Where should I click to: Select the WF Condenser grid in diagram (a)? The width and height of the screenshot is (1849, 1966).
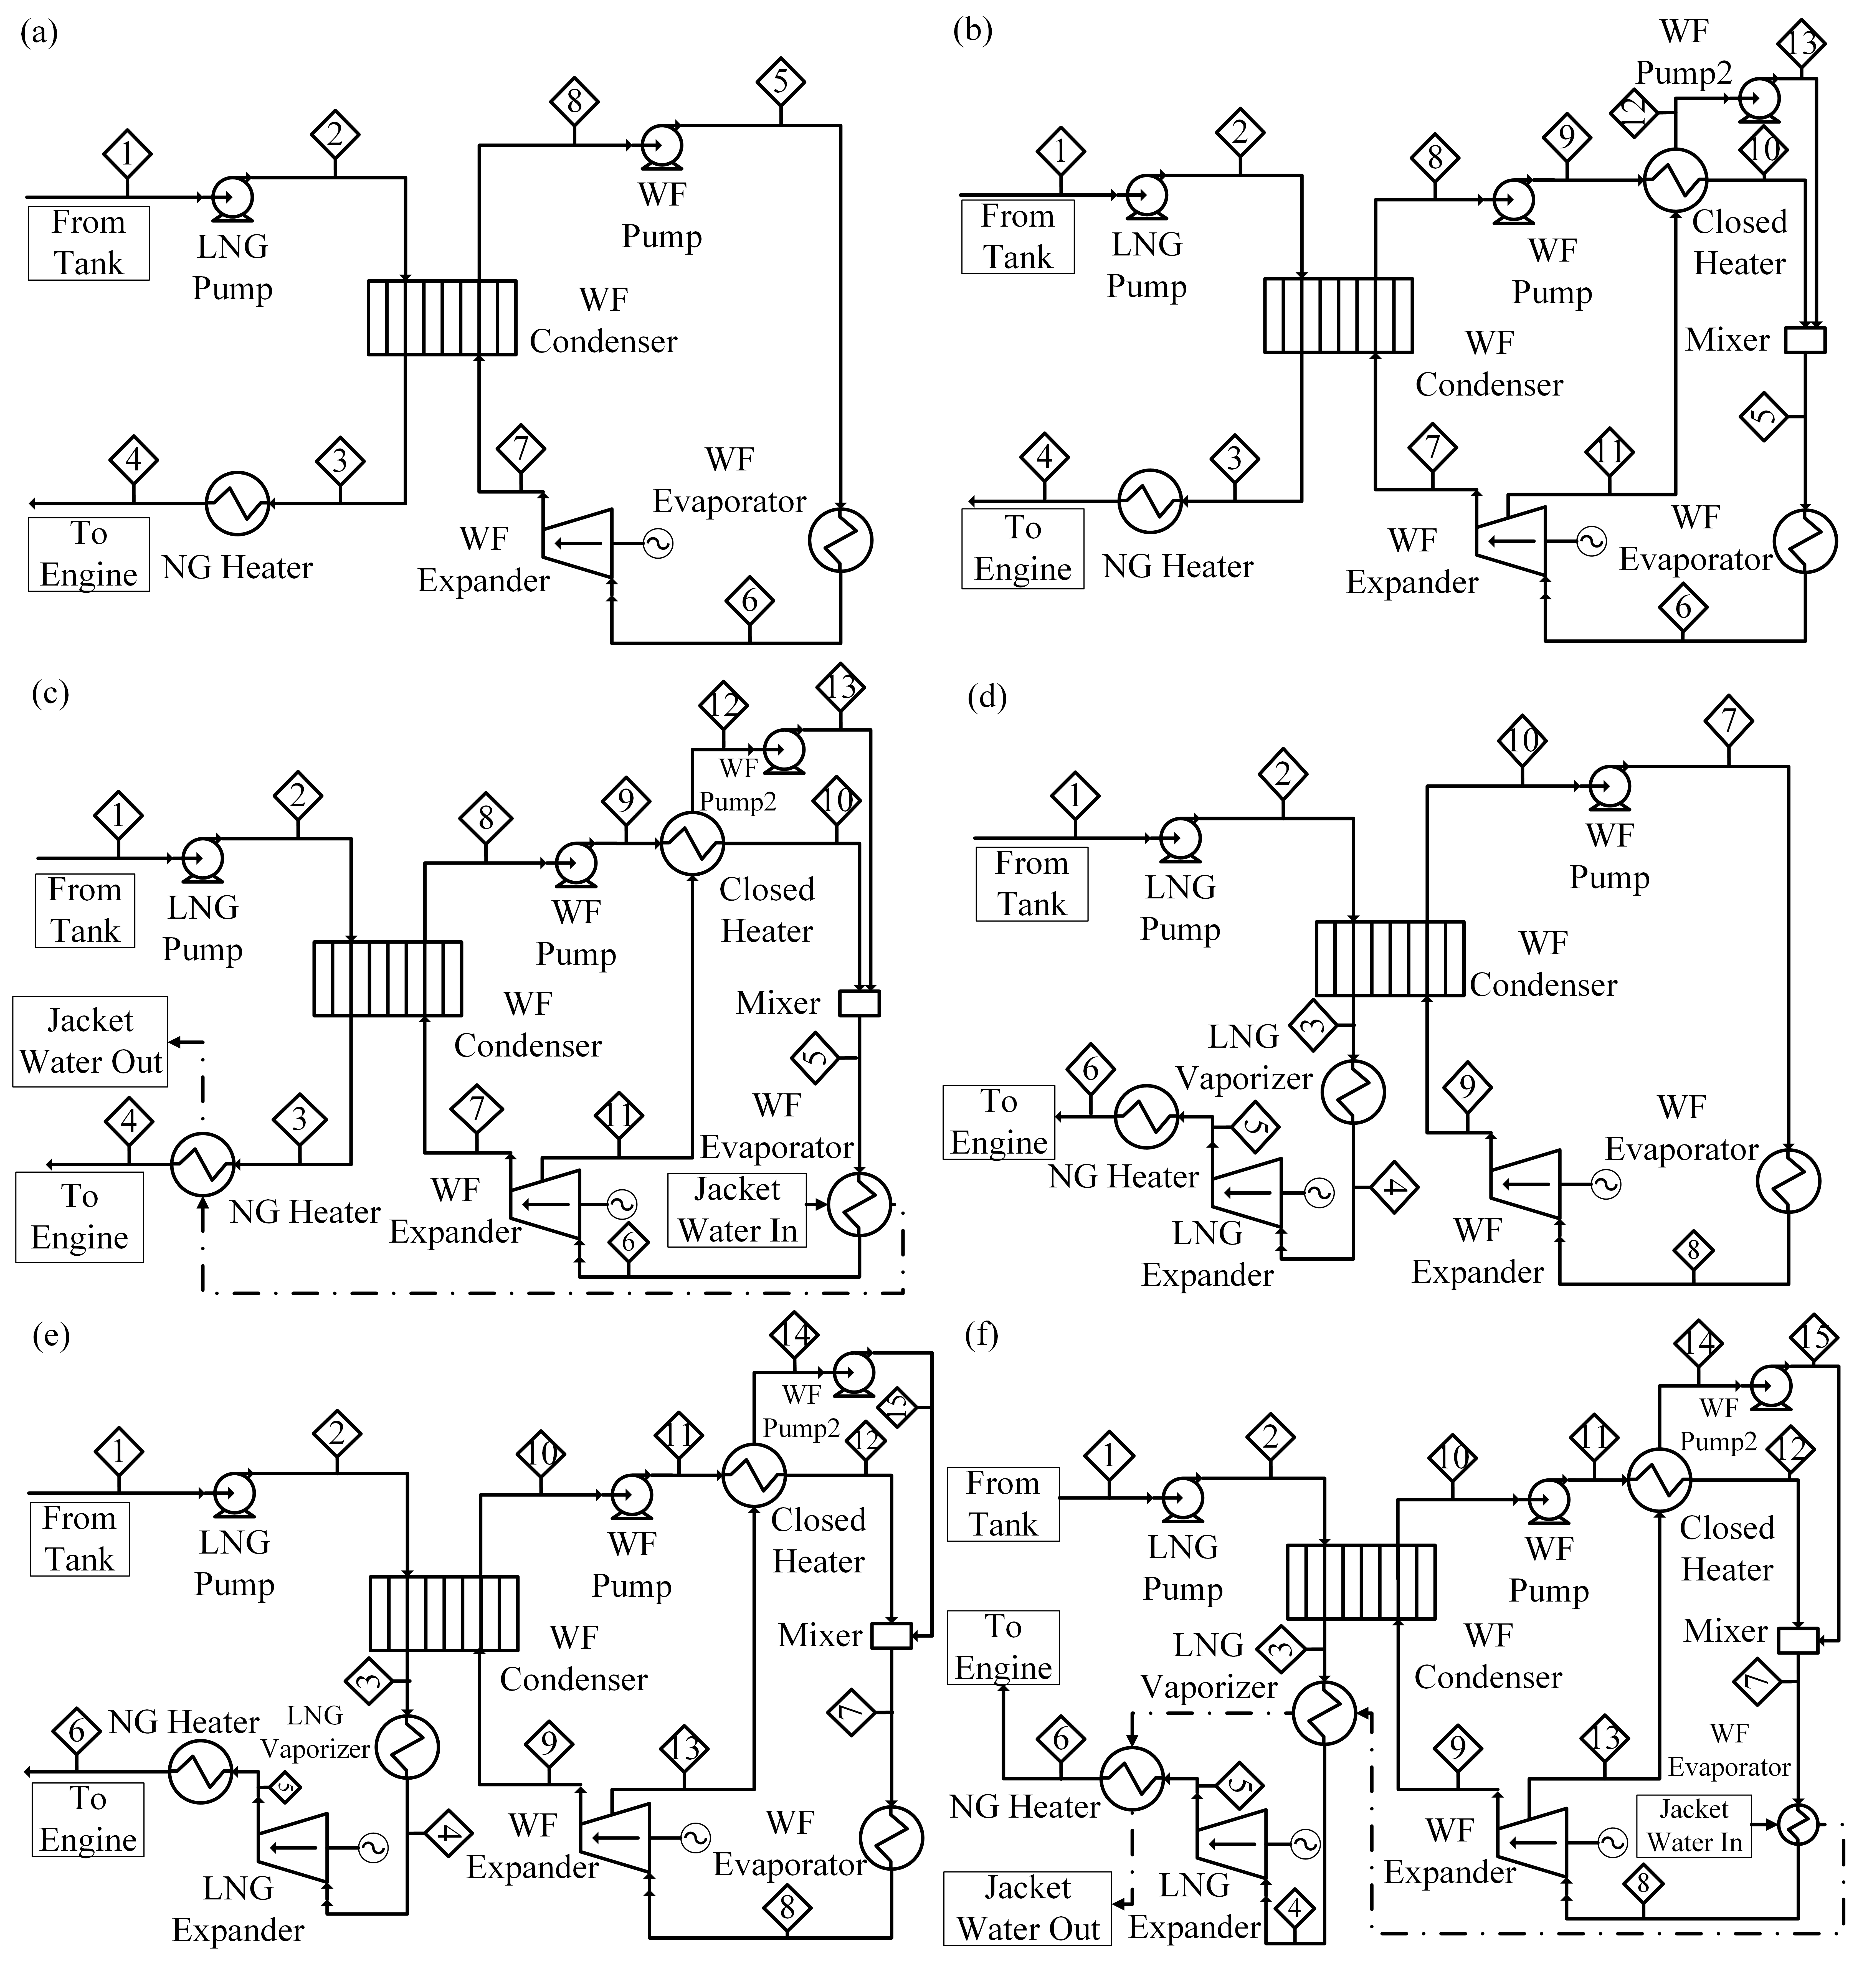pos(442,317)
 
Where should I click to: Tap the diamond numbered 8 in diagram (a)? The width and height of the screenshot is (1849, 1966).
pos(574,101)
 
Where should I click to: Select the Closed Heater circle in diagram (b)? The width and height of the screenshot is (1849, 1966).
pos(1675,180)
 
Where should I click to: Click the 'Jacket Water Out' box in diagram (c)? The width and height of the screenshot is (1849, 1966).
pos(90,1041)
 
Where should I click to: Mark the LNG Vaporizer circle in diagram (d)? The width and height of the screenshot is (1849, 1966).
pos(1354,1091)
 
